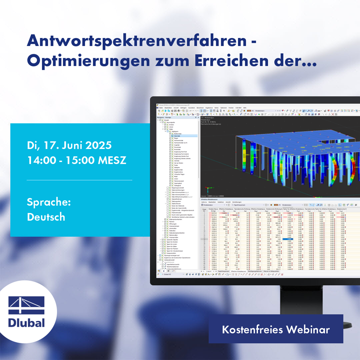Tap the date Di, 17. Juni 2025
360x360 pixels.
click(x=69, y=145)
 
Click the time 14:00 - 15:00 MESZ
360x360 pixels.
click(x=76, y=160)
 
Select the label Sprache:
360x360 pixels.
click(x=49, y=202)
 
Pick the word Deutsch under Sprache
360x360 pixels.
click(x=46, y=217)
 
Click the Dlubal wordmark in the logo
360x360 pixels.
click(x=26, y=323)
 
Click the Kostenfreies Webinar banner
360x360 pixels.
click(x=276, y=330)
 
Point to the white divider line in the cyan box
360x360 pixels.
click(x=79, y=180)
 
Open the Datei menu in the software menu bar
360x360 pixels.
click(x=161, y=108)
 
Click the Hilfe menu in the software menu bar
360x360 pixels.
click(x=245, y=108)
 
